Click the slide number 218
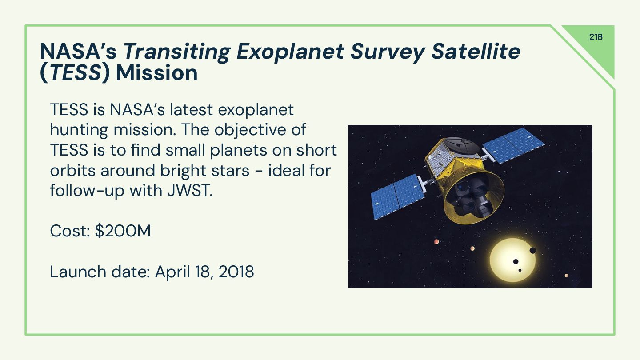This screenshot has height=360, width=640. pos(596,37)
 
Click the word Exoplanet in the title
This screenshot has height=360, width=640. pos(290,52)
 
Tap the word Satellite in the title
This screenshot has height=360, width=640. pos(476,52)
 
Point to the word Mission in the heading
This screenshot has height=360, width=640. pos(157,73)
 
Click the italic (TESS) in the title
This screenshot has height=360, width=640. pos(75,73)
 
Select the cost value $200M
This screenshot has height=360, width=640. pos(123,231)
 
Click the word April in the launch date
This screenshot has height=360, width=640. pos(172,272)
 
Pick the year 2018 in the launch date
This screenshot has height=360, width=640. pos(236,272)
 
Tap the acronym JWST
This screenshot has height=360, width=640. pos(190,191)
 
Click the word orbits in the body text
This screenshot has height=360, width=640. pos(73,171)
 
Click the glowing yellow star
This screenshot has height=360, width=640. pos(513,260)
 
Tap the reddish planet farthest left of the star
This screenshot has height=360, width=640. pos(436,242)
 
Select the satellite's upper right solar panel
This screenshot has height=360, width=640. pos(513,145)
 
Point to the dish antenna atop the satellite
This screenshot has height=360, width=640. pos(463,144)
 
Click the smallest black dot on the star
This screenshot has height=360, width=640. pos(520,270)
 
